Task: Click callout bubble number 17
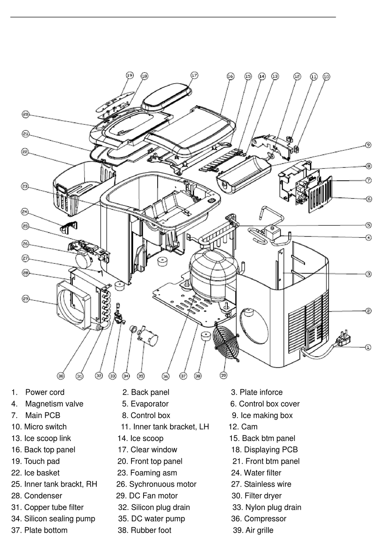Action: tap(194, 75)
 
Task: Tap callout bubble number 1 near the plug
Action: tap(368, 347)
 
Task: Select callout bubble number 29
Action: tap(25, 299)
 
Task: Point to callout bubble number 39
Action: tap(224, 375)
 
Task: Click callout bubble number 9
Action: tap(368, 145)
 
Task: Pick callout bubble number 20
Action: tap(25, 115)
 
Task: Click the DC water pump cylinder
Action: tap(148, 338)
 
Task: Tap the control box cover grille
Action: tap(320, 193)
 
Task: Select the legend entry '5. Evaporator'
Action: tap(145, 404)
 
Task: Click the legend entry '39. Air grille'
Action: tap(253, 530)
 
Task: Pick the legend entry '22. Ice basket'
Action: tap(35, 473)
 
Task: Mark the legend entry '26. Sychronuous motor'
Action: tap(156, 484)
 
